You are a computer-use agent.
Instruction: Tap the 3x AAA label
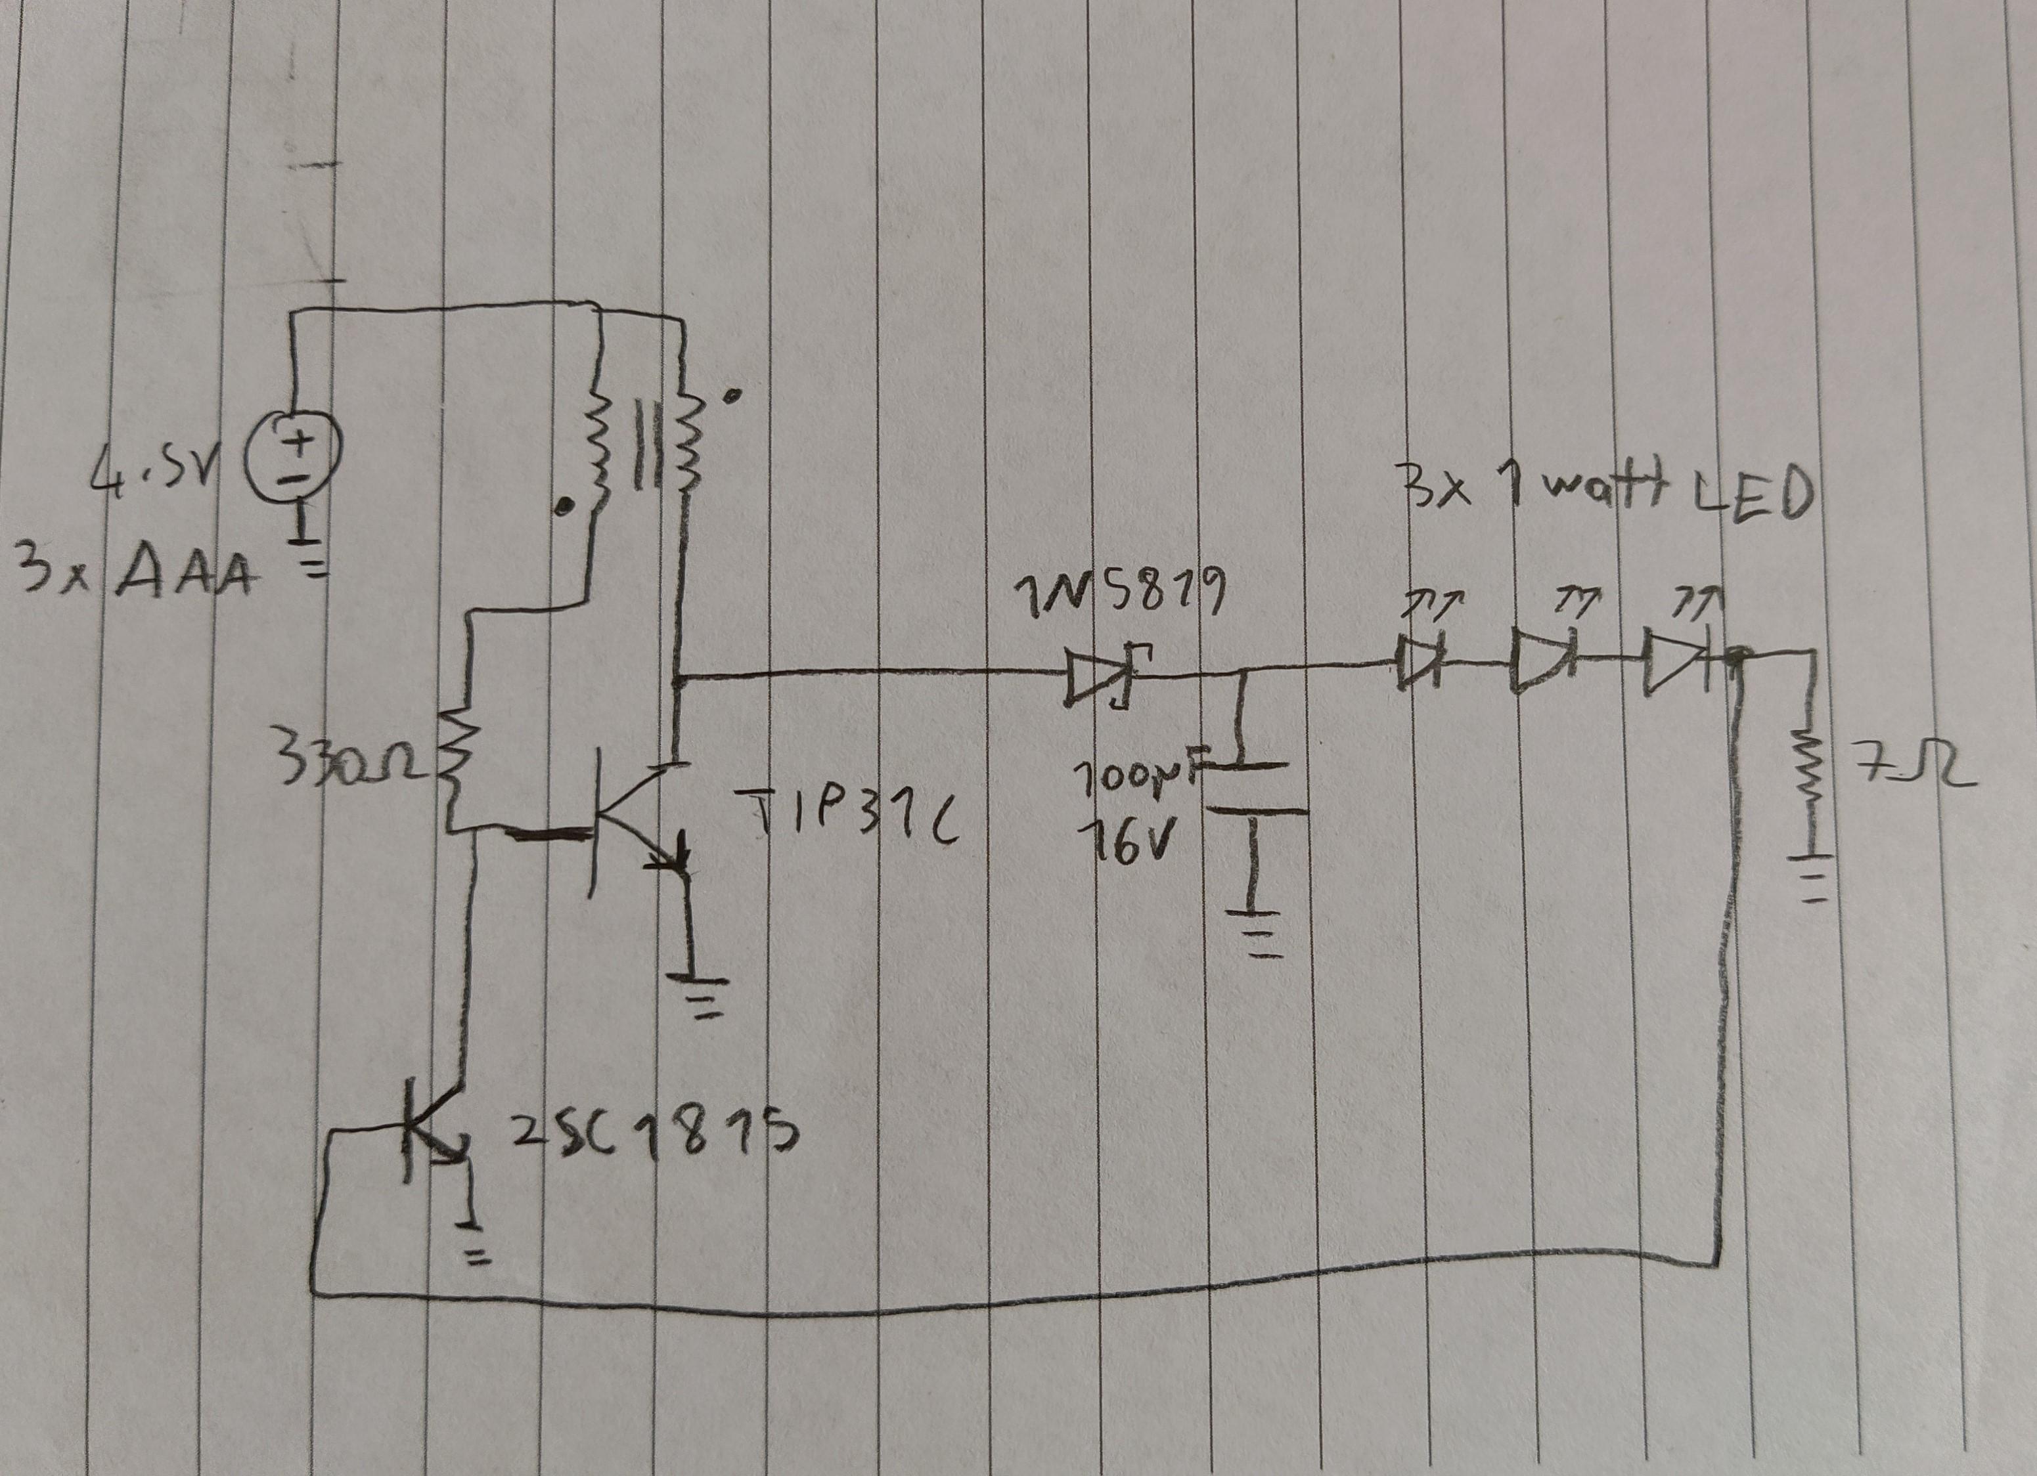click(x=135, y=577)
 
